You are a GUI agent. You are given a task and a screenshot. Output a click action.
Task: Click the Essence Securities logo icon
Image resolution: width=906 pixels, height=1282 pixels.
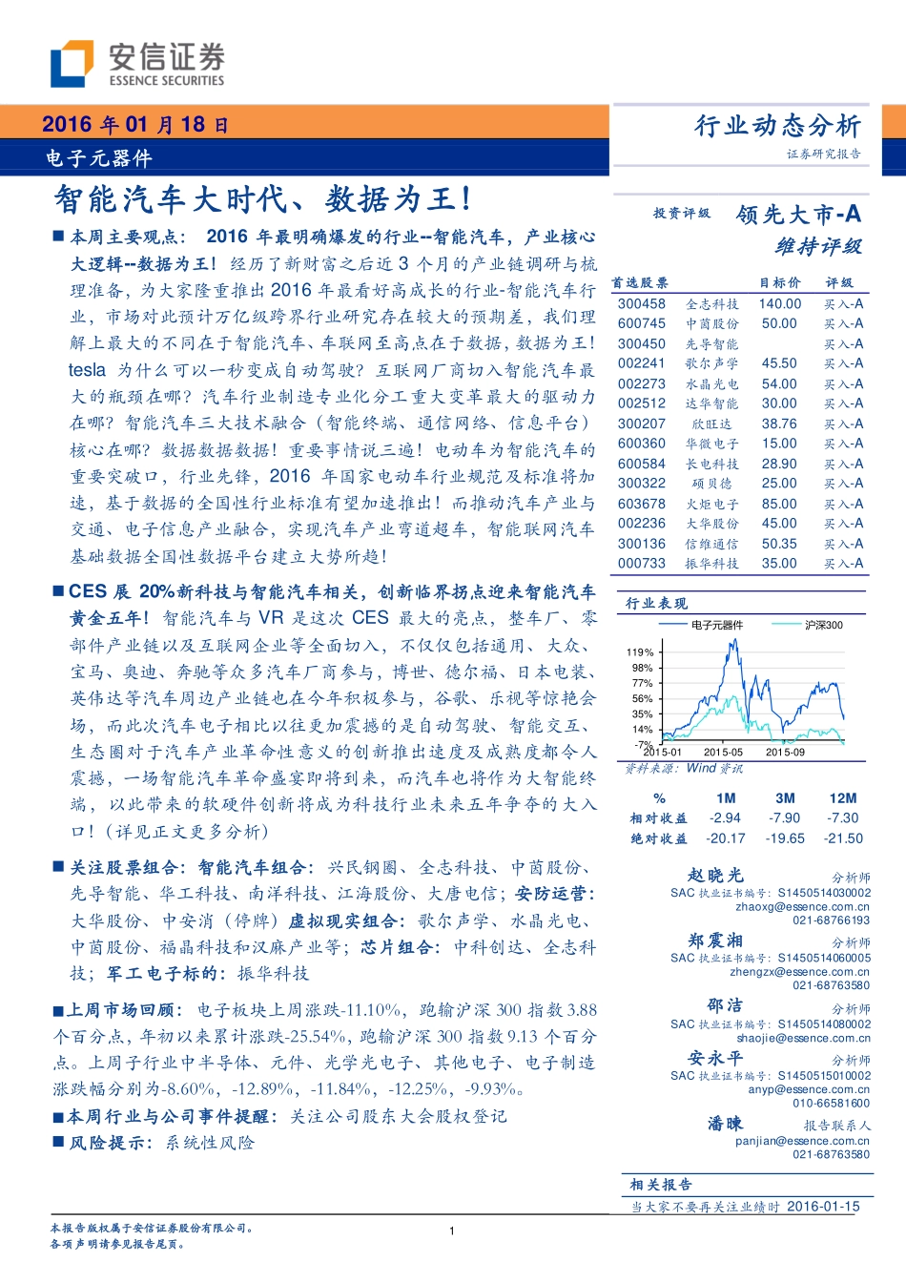72,63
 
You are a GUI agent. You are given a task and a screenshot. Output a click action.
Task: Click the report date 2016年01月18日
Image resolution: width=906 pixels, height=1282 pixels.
135,124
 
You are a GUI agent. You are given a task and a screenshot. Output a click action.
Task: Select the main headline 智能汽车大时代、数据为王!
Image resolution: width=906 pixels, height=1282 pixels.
262,199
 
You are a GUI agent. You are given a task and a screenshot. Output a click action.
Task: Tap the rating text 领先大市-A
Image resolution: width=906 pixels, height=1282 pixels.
798,215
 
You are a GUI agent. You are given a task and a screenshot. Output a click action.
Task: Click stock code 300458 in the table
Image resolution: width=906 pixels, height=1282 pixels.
641,304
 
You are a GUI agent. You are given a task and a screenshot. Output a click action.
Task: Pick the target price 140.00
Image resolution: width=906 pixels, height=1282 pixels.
780,304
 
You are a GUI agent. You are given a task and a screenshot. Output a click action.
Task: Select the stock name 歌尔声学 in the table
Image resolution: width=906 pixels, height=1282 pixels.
711,363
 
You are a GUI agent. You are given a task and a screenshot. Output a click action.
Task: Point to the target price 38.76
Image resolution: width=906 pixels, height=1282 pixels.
779,424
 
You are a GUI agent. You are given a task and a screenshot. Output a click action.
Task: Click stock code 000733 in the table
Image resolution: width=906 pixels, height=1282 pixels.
641,564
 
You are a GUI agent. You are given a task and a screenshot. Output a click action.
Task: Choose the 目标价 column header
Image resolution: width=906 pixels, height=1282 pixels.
779,283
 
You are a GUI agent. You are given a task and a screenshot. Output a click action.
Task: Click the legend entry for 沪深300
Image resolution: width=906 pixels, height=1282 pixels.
823,625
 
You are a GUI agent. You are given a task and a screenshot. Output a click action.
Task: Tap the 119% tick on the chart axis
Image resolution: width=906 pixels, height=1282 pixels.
640,652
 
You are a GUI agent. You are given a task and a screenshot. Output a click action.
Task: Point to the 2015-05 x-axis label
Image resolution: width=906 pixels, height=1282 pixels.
723,752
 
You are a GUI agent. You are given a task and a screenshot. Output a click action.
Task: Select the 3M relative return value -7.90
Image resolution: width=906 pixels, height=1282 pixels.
785,818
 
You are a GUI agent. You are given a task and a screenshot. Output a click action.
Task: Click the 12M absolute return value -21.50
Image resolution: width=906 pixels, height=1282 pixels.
843,838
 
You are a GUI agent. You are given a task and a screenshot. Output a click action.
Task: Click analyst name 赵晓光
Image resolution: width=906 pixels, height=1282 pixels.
715,875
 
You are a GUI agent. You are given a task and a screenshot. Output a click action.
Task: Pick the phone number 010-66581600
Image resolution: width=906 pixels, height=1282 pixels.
831,1103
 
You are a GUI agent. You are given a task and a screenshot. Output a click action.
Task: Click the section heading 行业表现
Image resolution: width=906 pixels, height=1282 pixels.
656,603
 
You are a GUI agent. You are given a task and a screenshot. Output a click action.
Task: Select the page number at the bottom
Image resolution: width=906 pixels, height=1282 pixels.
452,1230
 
